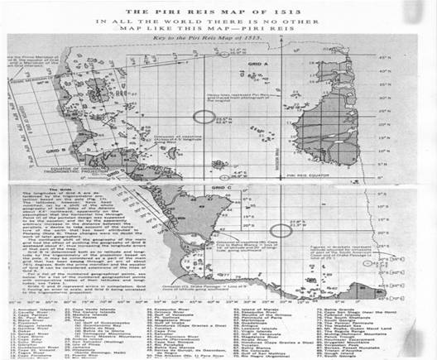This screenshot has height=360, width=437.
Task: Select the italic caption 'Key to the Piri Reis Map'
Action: (219, 38)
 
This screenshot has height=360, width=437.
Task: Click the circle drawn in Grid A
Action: (203, 122)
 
